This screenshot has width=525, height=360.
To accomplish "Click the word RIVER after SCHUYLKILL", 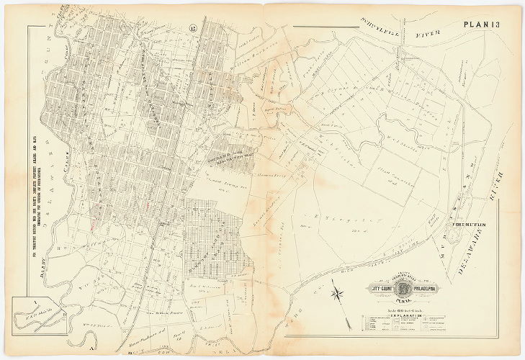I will pyautogui.click(x=429, y=33).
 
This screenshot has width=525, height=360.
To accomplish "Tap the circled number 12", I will pyautogui.click(x=193, y=28).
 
